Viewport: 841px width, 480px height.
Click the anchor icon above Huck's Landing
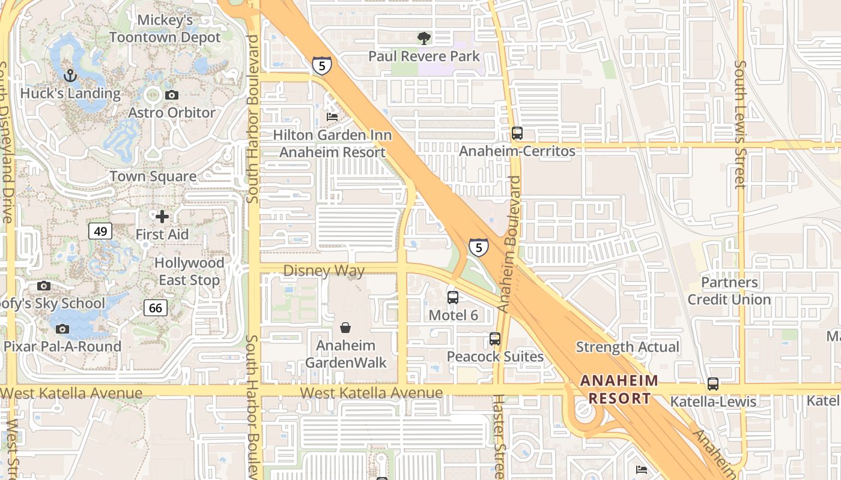tap(71, 76)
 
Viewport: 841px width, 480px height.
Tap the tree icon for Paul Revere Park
tap(424, 38)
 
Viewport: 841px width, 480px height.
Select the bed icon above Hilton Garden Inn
tap(332, 116)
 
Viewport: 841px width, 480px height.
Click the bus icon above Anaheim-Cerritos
tap(517, 133)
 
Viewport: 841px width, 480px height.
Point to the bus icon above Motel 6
tap(453, 297)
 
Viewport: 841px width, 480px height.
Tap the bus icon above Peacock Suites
tap(495, 339)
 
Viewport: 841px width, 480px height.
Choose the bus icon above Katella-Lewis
tap(713, 384)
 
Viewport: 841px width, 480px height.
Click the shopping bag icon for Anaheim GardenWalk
tap(346, 328)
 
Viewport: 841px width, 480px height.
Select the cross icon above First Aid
tap(162, 217)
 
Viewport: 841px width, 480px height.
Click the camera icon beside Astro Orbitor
tap(172, 95)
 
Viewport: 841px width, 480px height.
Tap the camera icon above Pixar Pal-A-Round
tap(62, 329)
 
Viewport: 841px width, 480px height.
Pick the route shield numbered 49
tap(100, 231)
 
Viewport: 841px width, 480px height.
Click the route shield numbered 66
tap(156, 308)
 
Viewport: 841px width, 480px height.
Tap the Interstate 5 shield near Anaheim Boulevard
tap(478, 247)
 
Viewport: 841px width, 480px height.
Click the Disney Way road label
tap(324, 271)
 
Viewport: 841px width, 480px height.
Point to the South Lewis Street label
tap(741, 125)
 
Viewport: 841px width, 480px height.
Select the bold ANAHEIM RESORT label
tap(619, 389)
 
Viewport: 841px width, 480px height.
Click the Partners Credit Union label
tap(729, 291)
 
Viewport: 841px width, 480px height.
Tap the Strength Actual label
tap(627, 347)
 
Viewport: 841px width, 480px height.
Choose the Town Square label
tap(153, 176)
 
